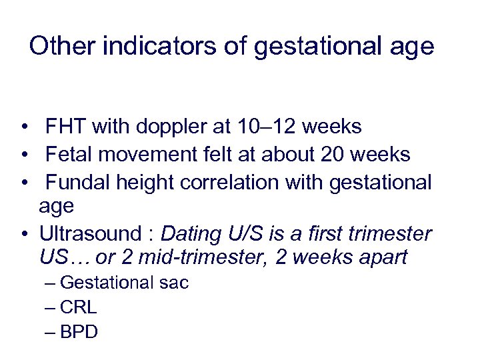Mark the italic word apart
tap(381, 257)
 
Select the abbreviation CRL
tap(78, 307)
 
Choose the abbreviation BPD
tap(79, 332)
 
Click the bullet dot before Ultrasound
tap(24, 235)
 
